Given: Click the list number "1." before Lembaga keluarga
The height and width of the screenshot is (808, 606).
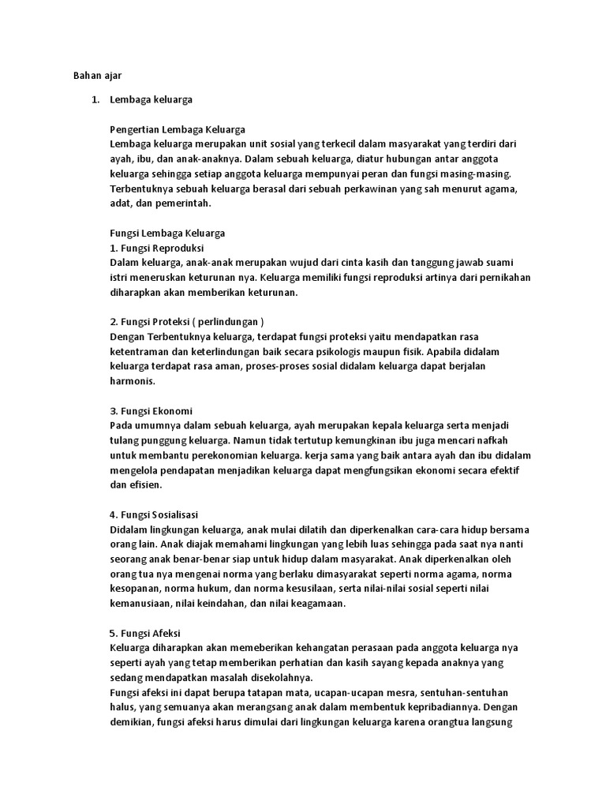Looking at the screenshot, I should tap(95, 100).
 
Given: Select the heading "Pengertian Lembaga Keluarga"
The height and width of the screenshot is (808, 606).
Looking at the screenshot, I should tap(178, 129).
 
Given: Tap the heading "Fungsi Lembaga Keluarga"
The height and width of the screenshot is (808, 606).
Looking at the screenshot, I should tap(168, 233).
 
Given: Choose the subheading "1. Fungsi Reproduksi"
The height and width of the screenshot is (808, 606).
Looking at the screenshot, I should tap(157, 248).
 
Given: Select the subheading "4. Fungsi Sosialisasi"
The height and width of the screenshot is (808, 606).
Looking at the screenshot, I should tap(158, 514).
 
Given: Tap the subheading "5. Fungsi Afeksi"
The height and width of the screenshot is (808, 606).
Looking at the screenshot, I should tap(148, 634).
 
